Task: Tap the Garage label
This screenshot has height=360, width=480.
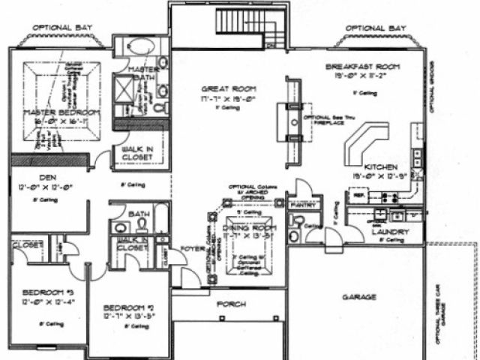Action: [x=359, y=297]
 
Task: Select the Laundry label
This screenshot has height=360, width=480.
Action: [x=390, y=232]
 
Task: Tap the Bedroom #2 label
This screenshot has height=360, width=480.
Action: [x=127, y=308]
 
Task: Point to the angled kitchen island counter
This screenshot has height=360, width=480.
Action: [x=365, y=143]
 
